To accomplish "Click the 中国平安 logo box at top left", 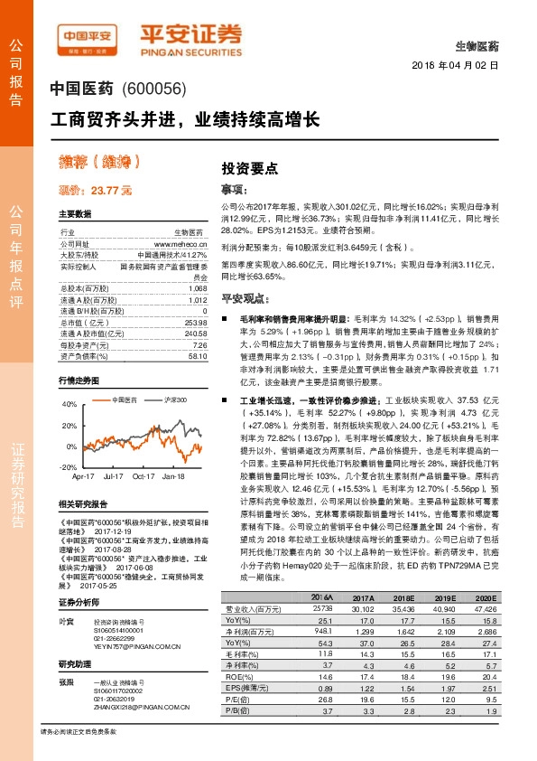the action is point(87,36).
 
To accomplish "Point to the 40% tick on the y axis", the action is point(69,404).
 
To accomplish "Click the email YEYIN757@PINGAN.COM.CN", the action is point(133,621).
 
